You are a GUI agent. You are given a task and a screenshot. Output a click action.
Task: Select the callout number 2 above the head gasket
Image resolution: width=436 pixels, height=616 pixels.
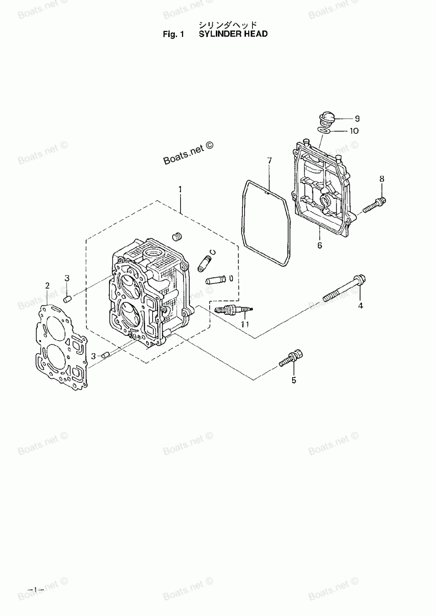point(48,286)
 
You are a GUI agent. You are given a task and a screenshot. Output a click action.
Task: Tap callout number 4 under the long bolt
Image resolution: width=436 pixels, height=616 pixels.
point(361,306)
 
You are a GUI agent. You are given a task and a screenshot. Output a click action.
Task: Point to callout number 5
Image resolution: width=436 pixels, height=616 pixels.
point(293,380)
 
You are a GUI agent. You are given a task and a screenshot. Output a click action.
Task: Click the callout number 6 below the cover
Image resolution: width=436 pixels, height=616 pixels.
point(320,246)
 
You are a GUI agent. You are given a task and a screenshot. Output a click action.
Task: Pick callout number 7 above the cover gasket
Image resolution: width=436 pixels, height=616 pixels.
point(269,161)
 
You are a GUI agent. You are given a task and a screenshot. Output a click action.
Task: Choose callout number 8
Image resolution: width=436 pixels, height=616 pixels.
point(381,178)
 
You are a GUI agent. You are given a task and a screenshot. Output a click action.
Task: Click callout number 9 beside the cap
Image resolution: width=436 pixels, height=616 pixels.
point(357,118)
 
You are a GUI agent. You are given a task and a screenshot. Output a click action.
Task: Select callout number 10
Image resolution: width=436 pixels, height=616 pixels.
point(354,131)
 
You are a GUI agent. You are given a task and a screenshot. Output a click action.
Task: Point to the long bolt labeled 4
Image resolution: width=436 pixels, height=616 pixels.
point(344,289)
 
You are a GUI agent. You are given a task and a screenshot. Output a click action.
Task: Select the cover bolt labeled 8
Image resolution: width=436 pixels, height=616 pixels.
point(375,203)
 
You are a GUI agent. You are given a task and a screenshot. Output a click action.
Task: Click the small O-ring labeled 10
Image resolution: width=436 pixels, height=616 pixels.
point(323,129)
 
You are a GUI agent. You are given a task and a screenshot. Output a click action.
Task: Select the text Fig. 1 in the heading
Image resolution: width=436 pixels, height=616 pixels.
point(172,34)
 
